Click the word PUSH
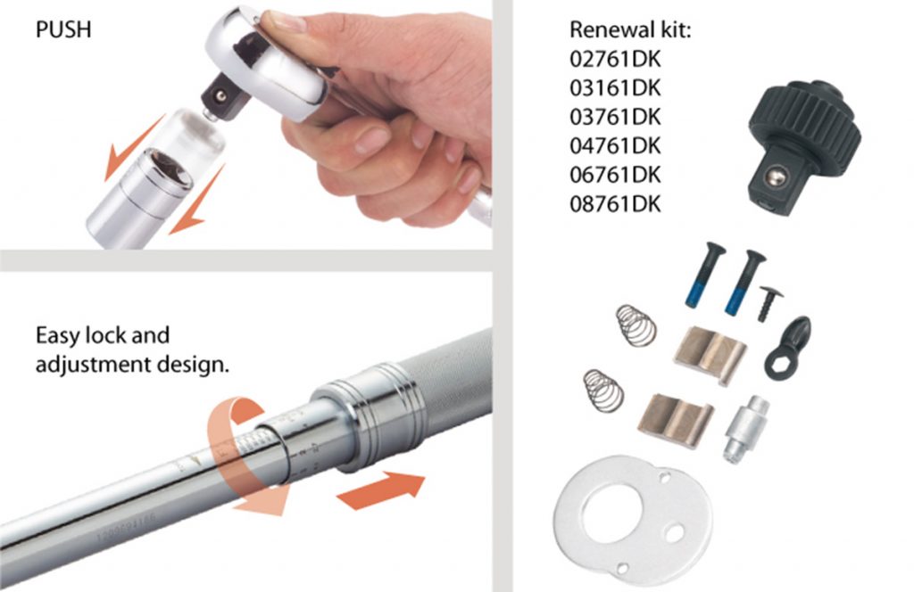pyautogui.click(x=63, y=29)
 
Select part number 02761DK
pyautogui.click(x=615, y=59)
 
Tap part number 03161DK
pyautogui.click(x=615, y=88)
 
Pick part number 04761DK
pyautogui.click(x=615, y=145)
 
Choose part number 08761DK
pyautogui.click(x=615, y=204)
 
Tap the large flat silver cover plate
pyautogui.click(x=633, y=518)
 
